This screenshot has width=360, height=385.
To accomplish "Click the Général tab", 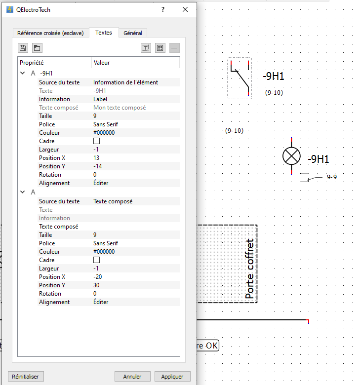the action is [133, 33].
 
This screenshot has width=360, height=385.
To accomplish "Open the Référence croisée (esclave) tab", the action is [50, 33].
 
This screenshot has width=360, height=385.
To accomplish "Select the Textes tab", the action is [103, 33].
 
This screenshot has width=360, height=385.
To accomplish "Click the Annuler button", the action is [132, 377].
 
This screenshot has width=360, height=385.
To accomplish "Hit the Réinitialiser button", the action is [25, 377].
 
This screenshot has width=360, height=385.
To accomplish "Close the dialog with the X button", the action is [185, 9].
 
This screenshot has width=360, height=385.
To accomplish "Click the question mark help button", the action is [163, 9].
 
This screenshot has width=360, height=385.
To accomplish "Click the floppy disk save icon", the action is [23, 48].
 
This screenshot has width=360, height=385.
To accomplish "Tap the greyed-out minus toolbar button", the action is [174, 48].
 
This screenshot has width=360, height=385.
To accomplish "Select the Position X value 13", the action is [96, 158].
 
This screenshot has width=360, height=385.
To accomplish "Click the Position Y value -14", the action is [98, 166].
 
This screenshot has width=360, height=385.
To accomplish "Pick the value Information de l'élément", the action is [125, 82].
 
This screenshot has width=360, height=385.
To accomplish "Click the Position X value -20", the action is [98, 277].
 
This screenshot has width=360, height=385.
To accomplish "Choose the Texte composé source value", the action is [113, 201].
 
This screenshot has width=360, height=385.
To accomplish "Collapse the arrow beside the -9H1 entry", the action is [23, 73].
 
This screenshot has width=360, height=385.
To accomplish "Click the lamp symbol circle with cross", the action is [291, 156].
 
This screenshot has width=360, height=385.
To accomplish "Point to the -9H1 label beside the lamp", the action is [319, 159].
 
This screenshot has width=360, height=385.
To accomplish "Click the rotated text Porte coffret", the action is [250, 269].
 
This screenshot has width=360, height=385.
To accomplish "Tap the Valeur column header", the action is [102, 63].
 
